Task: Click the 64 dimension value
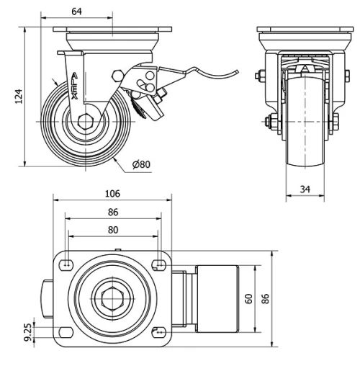point(76,10)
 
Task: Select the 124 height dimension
point(19,95)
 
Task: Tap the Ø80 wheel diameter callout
point(141,165)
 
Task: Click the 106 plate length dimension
point(112,194)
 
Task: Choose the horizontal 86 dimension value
point(112,213)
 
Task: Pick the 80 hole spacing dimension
point(112,230)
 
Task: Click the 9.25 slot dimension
point(30,331)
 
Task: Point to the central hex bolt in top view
point(112,298)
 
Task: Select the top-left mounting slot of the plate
point(67,264)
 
